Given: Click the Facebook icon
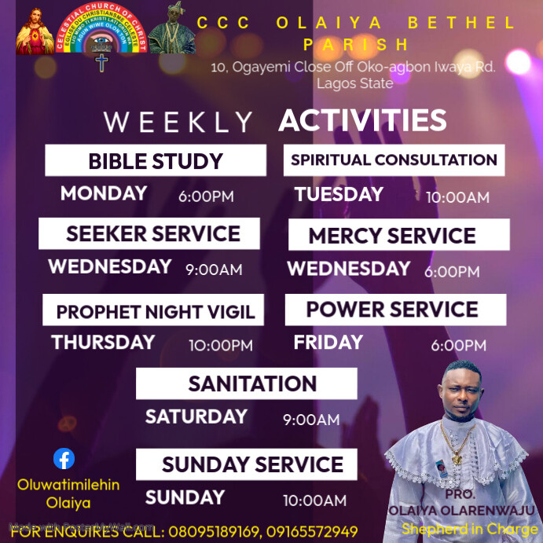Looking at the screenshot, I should pyautogui.click(x=64, y=459).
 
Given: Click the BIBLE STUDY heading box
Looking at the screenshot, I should pyautogui.click(x=156, y=161).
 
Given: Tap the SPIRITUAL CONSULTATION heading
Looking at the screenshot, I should pyautogui.click(x=394, y=160).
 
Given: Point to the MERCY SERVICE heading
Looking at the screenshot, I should pyautogui.click(x=392, y=236).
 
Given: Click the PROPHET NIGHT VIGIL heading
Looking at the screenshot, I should pyautogui.click(x=155, y=311).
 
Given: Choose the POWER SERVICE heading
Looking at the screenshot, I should pyautogui.click(x=392, y=310).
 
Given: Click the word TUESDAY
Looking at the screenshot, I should pyautogui.click(x=339, y=194).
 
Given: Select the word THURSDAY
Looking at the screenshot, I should pyautogui.click(x=103, y=343).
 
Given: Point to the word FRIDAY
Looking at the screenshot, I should pyautogui.click(x=328, y=343).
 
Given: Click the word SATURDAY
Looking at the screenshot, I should pyautogui.click(x=196, y=416).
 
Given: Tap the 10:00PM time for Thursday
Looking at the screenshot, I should pyautogui.click(x=221, y=346).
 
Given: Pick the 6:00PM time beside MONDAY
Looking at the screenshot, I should pyautogui.click(x=206, y=196).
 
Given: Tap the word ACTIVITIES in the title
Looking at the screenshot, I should pyautogui.click(x=362, y=121).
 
